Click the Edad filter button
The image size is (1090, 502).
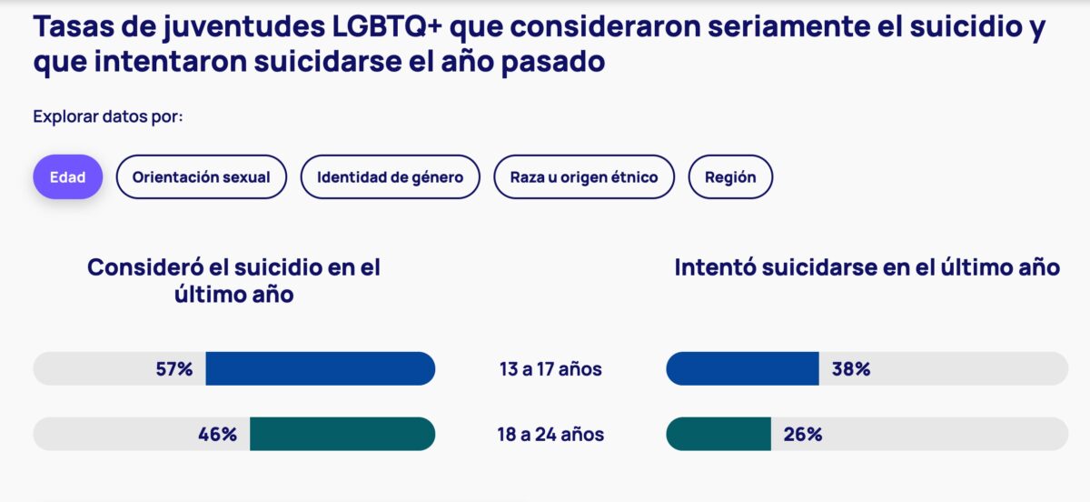pos(68,177)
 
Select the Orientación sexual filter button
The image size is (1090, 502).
pos(201,177)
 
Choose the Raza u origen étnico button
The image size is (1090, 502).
pos(583,177)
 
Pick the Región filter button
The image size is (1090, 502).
pos(730,177)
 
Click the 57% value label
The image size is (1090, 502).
pos(174,369)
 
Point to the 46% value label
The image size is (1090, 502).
pos(217,434)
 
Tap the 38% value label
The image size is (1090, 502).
pos(851,369)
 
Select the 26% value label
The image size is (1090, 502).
pos(803,434)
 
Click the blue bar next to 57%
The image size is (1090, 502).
pos(320,369)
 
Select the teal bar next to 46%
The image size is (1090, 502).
pos(342,434)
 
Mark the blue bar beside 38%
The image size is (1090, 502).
pos(742,369)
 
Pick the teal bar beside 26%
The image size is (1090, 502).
pos(718,434)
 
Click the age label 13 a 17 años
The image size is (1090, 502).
pos(550,369)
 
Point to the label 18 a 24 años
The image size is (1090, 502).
pos(550,434)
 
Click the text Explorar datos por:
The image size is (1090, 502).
pos(108,116)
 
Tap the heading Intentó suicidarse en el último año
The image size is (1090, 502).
pos(867,267)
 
